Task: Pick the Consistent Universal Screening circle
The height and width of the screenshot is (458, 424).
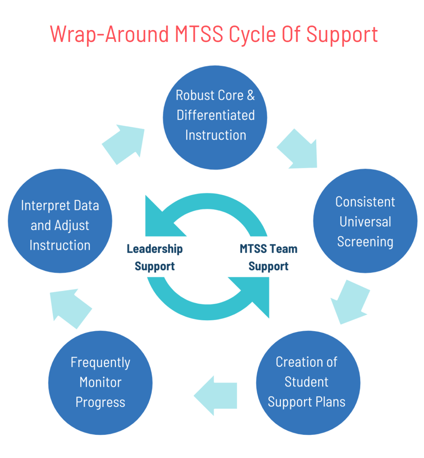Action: point(365,221)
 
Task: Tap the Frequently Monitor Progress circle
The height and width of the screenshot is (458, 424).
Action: point(101,382)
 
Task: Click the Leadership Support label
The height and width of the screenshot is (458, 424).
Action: point(155,257)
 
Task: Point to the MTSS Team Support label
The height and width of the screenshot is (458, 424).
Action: point(268,257)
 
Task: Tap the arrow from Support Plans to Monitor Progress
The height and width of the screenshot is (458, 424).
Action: point(215,395)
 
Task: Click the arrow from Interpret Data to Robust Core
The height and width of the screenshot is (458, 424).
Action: point(122,144)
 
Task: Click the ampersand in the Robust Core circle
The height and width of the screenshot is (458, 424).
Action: point(250,95)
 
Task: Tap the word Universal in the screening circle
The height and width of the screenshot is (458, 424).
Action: point(365,221)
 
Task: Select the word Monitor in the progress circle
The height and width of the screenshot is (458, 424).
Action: point(101,382)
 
